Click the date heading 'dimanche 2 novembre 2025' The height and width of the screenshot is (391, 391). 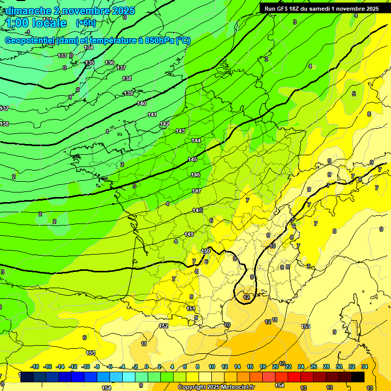coord(70,11)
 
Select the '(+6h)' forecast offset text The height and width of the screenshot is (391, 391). coord(86,23)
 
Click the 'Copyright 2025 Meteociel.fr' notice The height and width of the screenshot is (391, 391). coord(216,387)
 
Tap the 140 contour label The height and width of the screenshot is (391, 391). coord(142,103)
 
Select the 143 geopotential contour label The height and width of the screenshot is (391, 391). coord(180,131)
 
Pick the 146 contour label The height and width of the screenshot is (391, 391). coord(195,175)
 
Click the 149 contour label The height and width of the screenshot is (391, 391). coord(189,234)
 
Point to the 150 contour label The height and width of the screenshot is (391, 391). coord(206,251)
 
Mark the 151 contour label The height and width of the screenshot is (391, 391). coord(191,309)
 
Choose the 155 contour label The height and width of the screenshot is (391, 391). coord(91,353)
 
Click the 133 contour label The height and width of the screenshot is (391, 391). coord(62,55)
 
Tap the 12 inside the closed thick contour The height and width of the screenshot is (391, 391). coord(246,297)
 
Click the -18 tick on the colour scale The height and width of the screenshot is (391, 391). coord(35,367)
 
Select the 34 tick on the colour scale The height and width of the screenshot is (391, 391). coord(365,367)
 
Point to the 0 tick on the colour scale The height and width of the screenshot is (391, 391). coord(147,367)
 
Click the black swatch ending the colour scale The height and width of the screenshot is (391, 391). coord(358,377)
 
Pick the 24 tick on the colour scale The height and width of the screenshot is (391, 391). coord(301,367)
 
